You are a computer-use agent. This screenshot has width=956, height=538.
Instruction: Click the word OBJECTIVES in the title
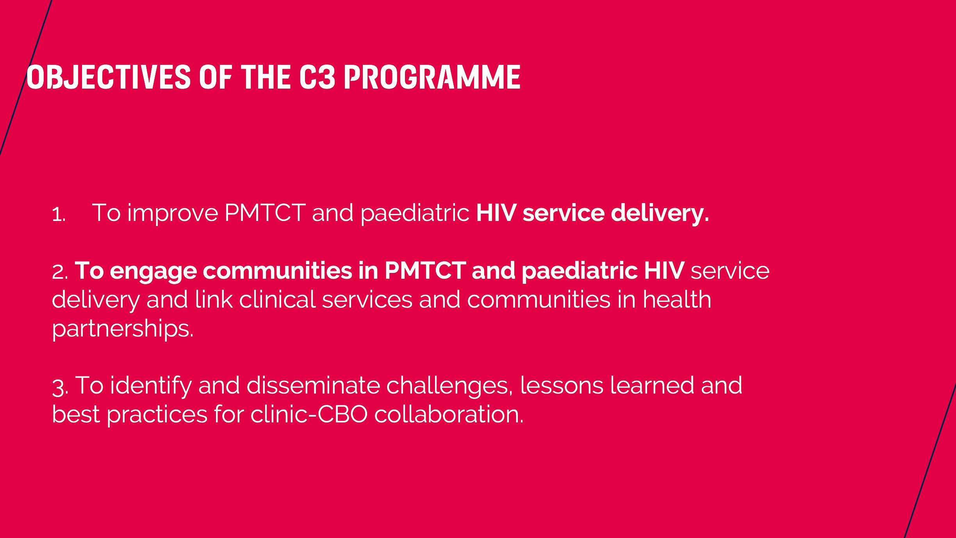[108, 77]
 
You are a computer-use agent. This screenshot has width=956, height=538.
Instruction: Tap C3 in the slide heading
[317, 77]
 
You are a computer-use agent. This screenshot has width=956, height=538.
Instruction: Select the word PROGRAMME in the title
[432, 77]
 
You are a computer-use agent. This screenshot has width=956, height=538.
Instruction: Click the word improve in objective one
[172, 214]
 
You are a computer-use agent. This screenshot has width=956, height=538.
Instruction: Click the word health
[677, 300]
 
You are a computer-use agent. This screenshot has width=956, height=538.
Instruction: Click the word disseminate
[313, 385]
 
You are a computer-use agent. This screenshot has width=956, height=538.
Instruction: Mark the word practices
[157, 415]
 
